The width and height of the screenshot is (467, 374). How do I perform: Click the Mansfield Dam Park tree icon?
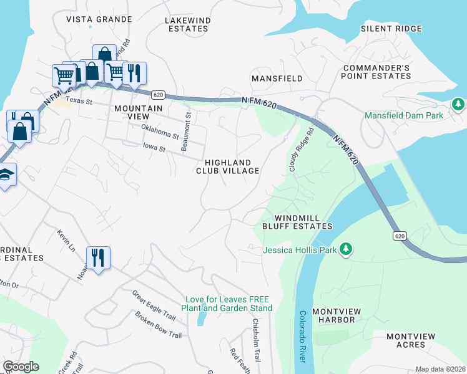tap(459, 103)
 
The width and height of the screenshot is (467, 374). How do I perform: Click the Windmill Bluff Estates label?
tap(297, 222)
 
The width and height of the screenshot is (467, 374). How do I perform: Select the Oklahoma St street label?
tap(160, 132)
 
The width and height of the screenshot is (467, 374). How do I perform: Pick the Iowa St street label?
tap(153, 149)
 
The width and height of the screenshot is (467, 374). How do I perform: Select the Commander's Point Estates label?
tap(376, 72)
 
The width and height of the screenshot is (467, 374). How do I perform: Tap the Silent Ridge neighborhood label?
tap(392, 29)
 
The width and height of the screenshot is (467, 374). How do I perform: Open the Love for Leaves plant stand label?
tap(227, 304)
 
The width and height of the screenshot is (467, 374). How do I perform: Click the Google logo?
tap(21, 367)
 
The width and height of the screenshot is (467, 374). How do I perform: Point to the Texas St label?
tap(79, 100)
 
